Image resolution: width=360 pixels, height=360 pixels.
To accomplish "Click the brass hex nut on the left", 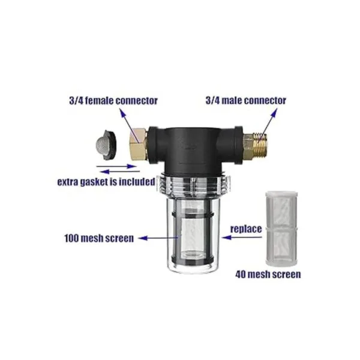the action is click(x=137, y=145).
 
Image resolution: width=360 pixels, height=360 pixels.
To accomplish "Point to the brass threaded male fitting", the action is click(x=256, y=145).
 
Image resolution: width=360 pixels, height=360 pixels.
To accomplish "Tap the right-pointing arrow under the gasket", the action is click(x=116, y=166).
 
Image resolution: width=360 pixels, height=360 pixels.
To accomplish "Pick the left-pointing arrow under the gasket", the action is click(x=120, y=171).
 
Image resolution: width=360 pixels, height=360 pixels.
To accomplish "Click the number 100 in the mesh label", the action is click(x=71, y=238).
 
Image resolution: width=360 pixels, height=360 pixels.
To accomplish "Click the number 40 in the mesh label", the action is click(x=240, y=275).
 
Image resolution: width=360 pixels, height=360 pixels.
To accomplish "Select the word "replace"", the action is click(x=246, y=229).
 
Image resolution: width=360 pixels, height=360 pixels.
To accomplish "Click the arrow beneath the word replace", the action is click(x=242, y=238).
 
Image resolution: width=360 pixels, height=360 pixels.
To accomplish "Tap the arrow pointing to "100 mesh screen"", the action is click(x=158, y=238).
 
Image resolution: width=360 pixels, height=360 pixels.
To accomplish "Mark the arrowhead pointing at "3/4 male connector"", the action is click(x=274, y=113).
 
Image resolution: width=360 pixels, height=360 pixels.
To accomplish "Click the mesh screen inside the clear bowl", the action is click(x=193, y=236).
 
